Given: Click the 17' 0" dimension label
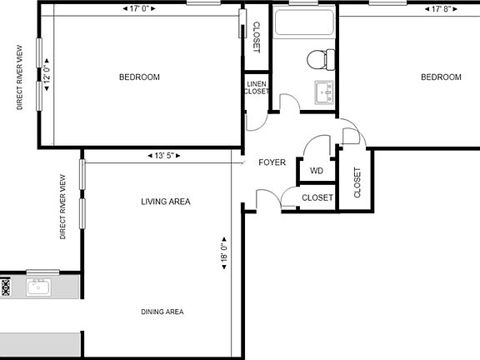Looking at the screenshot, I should tap(140, 10).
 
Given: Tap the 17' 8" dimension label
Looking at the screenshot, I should tap(440, 10).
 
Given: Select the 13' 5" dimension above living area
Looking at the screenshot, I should tap(162, 155).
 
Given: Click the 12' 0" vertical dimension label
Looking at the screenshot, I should tap(47, 74).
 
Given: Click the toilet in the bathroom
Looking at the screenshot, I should tap(320, 59).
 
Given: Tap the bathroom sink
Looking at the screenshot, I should tap(323, 90).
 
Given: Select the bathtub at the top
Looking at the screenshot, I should tap(304, 22).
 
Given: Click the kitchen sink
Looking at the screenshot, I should tap(38, 287).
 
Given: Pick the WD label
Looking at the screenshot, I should tap(317, 171).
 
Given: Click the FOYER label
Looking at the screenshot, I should tap(272, 162).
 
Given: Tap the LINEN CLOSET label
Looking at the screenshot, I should tap(256, 87).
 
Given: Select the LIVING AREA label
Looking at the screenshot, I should tap(165, 202).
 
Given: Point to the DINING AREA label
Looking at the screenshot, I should tap(162, 312).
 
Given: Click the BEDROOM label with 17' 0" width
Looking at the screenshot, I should tap(139, 77).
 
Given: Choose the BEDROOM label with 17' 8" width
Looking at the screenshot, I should tap(440, 77).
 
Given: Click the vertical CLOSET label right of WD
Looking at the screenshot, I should tap(357, 182).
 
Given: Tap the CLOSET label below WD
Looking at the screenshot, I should tap(317, 198).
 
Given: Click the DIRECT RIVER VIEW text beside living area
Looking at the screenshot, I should tap(63, 207).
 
